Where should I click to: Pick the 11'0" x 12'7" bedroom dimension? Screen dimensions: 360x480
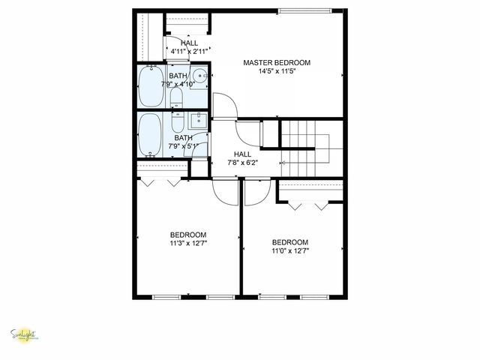tap(289, 251)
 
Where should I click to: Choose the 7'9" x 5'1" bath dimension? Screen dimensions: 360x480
tap(184, 147)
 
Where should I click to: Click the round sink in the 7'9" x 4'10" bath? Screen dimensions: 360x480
tap(200, 76)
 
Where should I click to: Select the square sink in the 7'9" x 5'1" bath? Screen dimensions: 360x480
tap(199, 121)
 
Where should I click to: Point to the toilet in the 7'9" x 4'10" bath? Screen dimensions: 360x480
tap(175, 97)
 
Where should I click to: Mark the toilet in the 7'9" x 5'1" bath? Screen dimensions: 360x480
tap(178, 123)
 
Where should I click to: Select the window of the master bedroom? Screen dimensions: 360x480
tap(303, 10)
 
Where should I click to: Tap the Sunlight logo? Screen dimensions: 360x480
tap(25, 335)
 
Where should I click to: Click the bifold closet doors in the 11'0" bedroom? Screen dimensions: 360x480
tap(310, 204)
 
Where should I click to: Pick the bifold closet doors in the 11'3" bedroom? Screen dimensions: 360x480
tap(161, 181)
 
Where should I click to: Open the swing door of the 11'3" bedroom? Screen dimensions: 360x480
tap(224, 190)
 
